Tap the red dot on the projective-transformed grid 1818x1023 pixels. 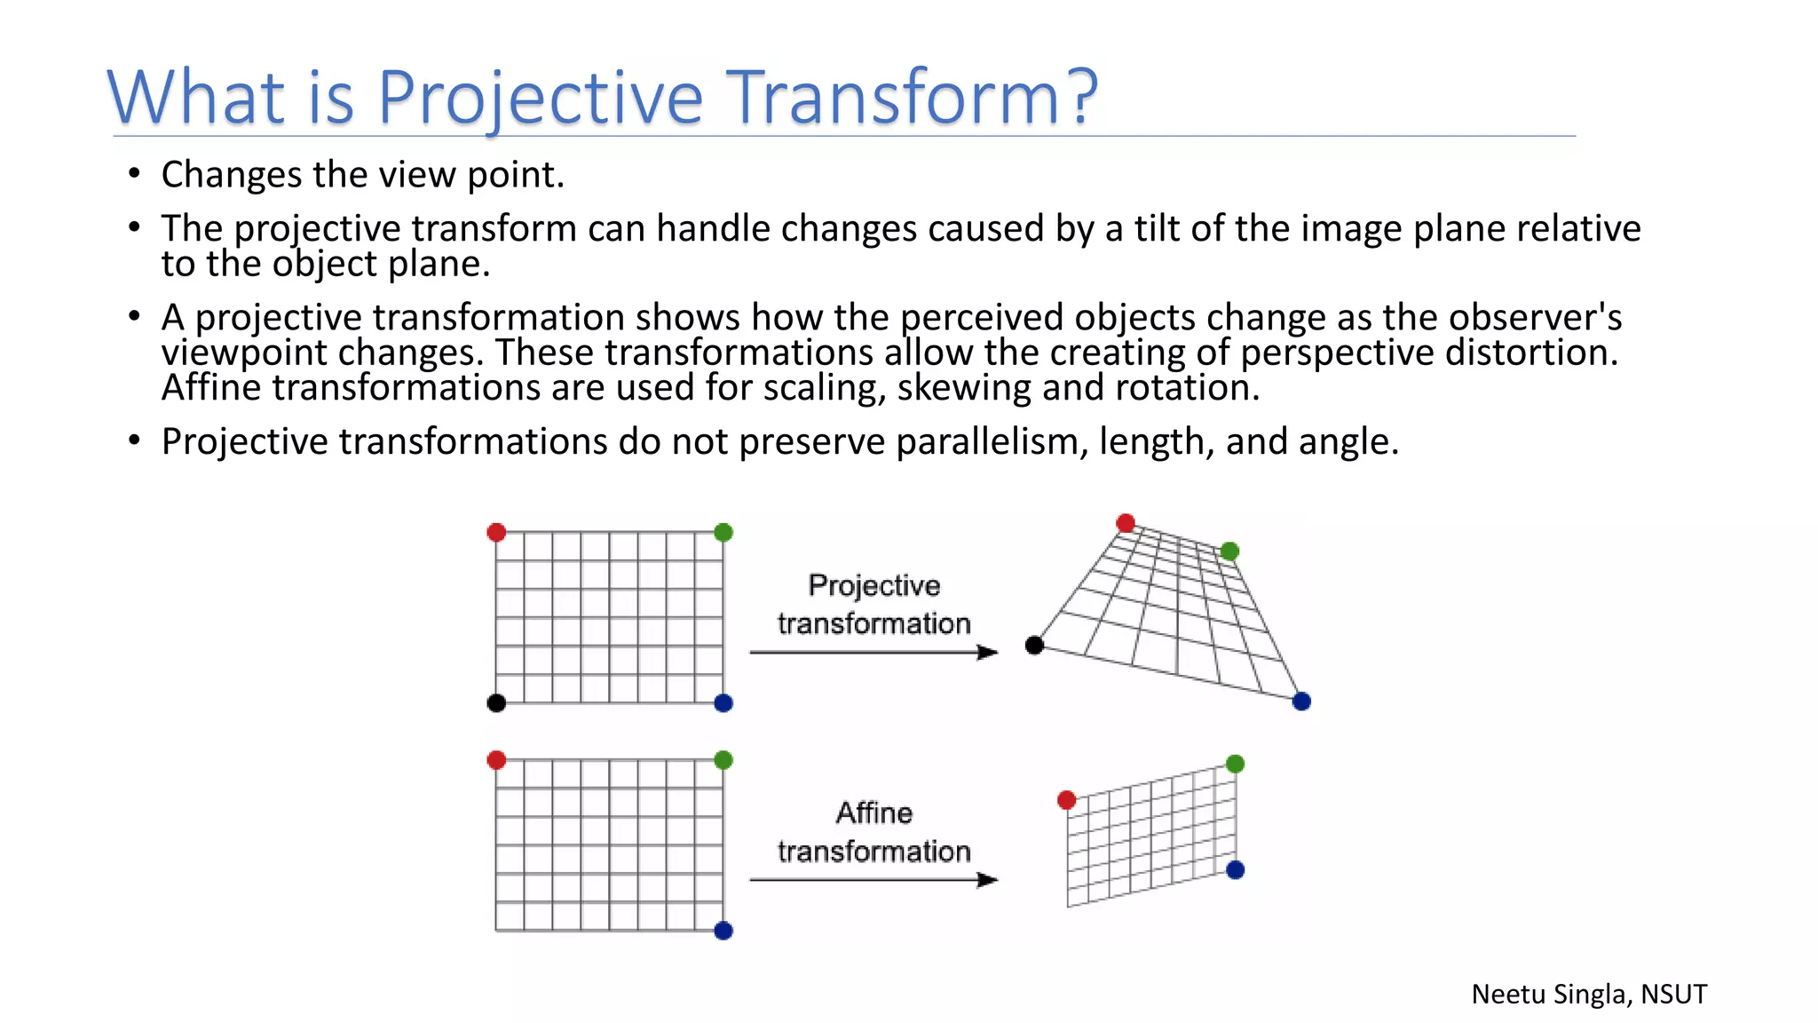[1126, 523]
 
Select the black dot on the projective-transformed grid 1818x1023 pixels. [1034, 646]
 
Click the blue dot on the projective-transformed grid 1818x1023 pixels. [1301, 702]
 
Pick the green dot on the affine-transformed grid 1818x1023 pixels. [1235, 764]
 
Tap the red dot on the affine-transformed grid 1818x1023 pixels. [1067, 800]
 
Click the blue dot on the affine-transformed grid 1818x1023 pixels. [1235, 870]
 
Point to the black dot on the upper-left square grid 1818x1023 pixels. [497, 703]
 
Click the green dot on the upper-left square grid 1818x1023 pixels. [723, 533]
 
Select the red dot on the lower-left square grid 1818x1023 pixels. [497, 760]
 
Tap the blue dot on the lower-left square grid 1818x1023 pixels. [723, 931]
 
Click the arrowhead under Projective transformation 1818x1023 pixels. [987, 653]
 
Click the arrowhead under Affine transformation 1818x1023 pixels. [987, 880]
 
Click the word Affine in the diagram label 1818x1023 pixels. [874, 813]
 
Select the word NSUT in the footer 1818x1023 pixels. [1673, 994]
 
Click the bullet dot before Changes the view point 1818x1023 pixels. [134, 173]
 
